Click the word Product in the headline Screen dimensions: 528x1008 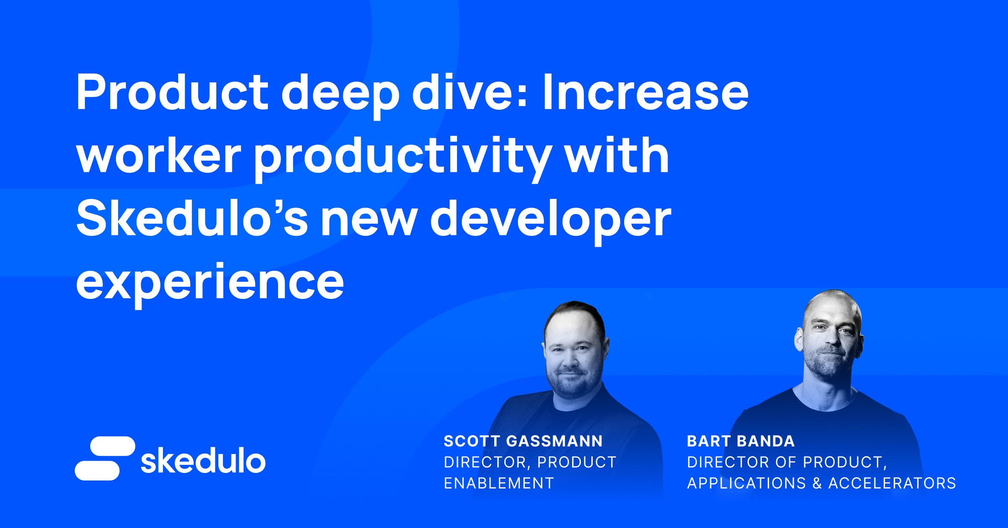[x=172, y=92]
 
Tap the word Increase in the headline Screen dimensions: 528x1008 [x=645, y=92]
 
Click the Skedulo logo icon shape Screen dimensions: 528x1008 [x=105, y=458]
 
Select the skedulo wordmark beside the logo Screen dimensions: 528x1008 [x=203, y=461]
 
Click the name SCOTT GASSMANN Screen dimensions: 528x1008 [x=523, y=441]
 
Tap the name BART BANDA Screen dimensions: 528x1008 [x=740, y=441]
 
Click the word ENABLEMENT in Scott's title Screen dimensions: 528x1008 [x=499, y=483]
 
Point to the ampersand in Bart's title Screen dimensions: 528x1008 [x=817, y=483]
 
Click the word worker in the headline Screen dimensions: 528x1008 [x=158, y=156]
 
